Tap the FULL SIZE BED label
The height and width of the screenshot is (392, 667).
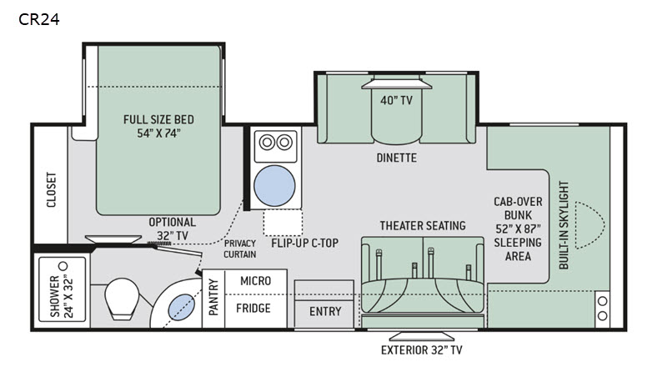(159, 125)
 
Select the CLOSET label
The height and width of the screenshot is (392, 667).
(51, 191)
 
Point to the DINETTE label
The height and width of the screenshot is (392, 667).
(396, 157)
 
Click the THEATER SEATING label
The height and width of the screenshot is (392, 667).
(423, 225)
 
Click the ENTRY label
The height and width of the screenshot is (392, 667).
(324, 311)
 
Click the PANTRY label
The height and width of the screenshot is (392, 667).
(213, 296)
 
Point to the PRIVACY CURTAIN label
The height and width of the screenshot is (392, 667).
(239, 248)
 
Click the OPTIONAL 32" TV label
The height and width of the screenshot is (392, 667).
(172, 229)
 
